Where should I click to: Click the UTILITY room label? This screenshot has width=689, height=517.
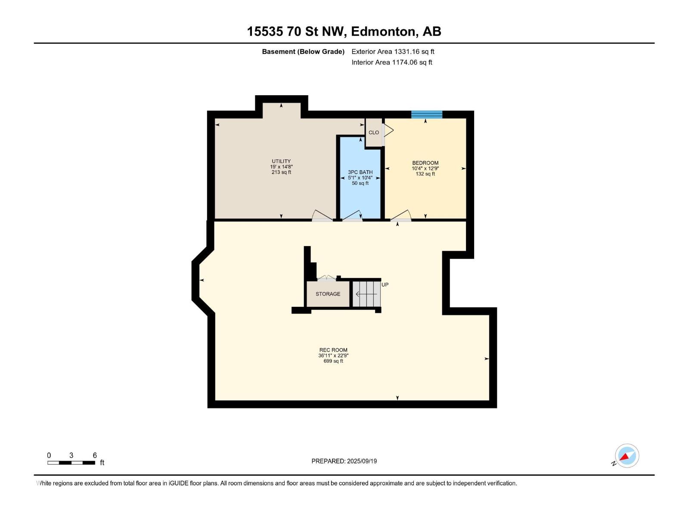pyautogui.click(x=281, y=161)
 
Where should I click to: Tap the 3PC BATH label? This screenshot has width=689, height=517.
pyautogui.click(x=360, y=172)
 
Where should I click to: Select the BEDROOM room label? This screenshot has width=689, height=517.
pyautogui.click(x=425, y=163)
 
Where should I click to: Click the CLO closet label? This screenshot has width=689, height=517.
pyautogui.click(x=374, y=132)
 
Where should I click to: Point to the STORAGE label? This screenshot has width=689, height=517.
pyautogui.click(x=328, y=294)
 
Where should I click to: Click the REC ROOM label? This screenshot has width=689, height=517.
pyautogui.click(x=333, y=350)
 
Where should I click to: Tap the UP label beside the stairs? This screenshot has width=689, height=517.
pyautogui.click(x=385, y=285)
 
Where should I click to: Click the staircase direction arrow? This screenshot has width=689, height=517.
pyautogui.click(x=366, y=294)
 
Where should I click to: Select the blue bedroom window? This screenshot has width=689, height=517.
pyautogui.click(x=426, y=114)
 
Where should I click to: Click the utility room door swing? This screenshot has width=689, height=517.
pyautogui.click(x=322, y=215)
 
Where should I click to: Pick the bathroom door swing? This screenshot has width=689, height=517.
pyautogui.click(x=352, y=215)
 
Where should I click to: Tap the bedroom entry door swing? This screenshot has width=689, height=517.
pyautogui.click(x=401, y=215)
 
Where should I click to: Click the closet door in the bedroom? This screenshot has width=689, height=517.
pyautogui.click(x=388, y=130)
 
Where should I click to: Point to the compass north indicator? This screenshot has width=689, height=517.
pyautogui.click(x=627, y=456)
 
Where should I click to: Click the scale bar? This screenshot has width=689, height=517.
pyautogui.click(x=71, y=463)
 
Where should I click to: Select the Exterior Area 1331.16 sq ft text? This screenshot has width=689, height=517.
pyautogui.click(x=393, y=51)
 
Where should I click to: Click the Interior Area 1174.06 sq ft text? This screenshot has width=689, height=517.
pyautogui.click(x=391, y=62)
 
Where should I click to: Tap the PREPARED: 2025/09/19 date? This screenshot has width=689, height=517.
pyautogui.click(x=344, y=461)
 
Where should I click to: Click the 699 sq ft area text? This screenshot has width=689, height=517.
pyautogui.click(x=333, y=361)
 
